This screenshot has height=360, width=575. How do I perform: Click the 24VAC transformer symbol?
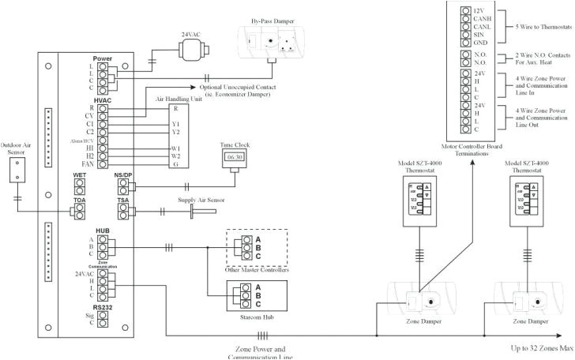[x=190, y=49]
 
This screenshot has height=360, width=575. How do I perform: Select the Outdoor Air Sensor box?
[x=17, y=170]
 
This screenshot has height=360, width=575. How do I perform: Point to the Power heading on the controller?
[x=102, y=59]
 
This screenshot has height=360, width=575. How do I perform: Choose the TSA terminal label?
[x=122, y=201]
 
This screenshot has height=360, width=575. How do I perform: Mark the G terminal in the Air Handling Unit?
[x=175, y=164]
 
